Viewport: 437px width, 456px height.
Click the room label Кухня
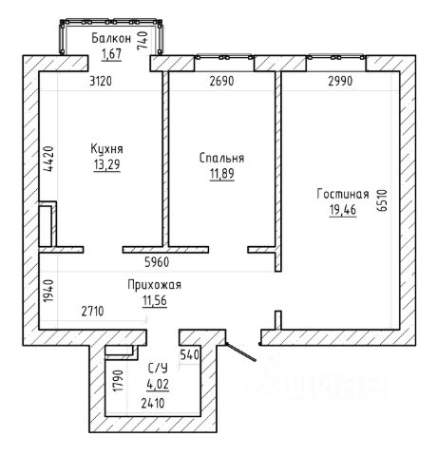tap(106, 149)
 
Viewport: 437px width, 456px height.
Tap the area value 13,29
tap(107, 165)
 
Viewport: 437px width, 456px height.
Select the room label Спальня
tap(221, 159)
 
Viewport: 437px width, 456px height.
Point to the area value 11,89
tap(222, 174)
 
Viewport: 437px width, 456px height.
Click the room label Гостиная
tap(343, 194)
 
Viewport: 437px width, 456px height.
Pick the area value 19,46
tap(343, 210)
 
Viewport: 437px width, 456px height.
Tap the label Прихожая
tap(155, 285)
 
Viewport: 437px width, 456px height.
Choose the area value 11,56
tap(155, 300)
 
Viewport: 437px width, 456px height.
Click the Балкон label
tap(111, 39)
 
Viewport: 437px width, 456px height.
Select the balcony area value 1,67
tap(112, 54)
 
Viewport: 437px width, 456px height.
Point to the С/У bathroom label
tap(158, 369)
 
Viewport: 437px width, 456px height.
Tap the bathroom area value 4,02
tap(158, 384)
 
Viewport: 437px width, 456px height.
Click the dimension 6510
tap(383, 200)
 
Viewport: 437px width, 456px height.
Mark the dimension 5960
tap(157, 262)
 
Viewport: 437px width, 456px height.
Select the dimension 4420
tap(48, 159)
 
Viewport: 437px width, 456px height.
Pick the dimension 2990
tap(340, 82)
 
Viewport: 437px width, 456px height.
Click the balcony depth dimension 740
tap(142, 40)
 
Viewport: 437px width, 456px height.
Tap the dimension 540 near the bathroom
tap(190, 354)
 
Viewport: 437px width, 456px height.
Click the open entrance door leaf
tap(240, 352)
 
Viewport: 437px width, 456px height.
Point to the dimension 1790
tap(120, 380)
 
